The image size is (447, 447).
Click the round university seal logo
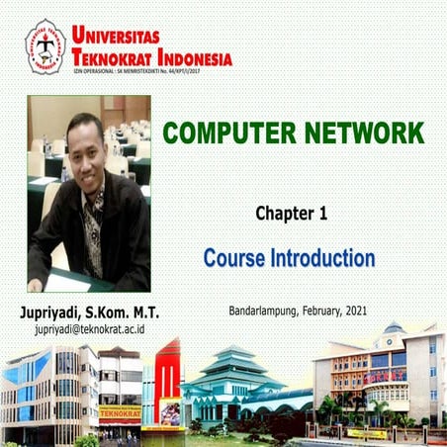tap(45, 45)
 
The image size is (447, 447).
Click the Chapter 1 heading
tap(291, 213)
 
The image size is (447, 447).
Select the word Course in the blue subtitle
tap(235, 259)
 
